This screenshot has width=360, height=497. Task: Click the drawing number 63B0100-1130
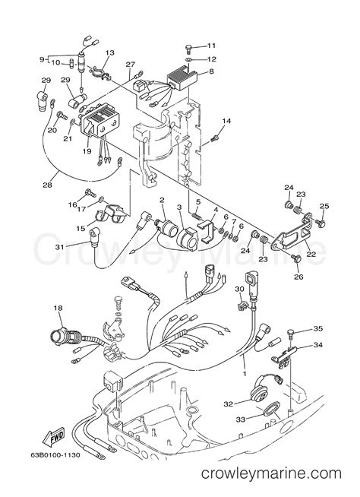coord(55,455)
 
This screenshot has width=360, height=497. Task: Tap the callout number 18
coord(58,308)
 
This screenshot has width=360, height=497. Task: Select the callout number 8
coord(211,71)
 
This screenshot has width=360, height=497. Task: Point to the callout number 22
coord(311,254)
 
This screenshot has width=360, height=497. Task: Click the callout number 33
coord(241,419)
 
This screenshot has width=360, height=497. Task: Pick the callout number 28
coord(47,185)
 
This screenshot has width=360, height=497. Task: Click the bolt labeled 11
coord(188,49)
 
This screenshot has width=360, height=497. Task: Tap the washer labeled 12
coord(188,59)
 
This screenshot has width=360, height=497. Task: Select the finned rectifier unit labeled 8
coord(182,77)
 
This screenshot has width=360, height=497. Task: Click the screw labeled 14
coord(215,138)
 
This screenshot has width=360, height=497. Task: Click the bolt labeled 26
coord(296,258)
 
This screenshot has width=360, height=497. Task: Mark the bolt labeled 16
coord(90,193)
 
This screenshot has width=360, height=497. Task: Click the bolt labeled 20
coord(62,116)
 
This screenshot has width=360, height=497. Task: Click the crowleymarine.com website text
coord(271,474)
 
